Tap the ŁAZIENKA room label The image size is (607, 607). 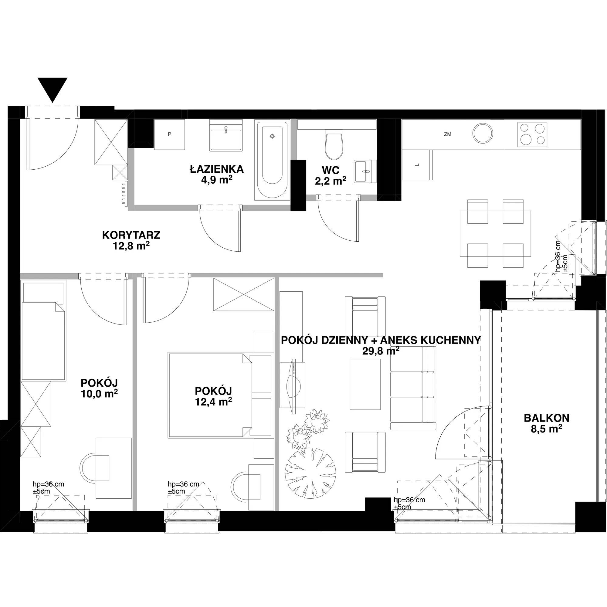coord(217,169)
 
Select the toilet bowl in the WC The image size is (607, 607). coord(334,146)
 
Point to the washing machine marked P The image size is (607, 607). coord(169,134)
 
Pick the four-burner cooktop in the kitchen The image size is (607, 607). coord(532,134)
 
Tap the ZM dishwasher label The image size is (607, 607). coord(448,134)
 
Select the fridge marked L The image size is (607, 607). coord(417,165)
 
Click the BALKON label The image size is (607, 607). coord(547,418)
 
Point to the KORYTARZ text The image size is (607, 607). coord(131,235)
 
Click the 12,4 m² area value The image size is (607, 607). coord(214,402)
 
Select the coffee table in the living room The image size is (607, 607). coord(365,384)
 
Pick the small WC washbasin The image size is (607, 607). coord(365,171)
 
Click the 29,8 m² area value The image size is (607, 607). coord(381,351)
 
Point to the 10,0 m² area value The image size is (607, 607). coord(99,393)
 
